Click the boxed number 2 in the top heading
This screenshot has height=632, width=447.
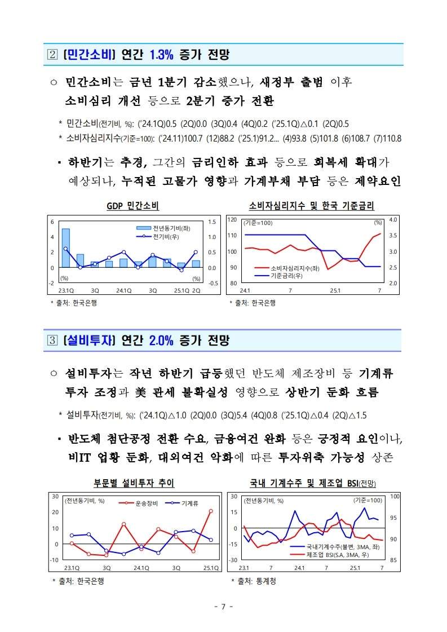52,55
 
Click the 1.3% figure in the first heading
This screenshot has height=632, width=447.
161,55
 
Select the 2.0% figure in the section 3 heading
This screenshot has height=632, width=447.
161,341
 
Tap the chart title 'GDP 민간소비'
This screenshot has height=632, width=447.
132,206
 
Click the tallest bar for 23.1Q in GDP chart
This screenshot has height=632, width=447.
66,248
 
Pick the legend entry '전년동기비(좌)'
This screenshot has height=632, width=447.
163,228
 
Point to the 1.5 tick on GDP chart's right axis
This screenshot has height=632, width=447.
212,222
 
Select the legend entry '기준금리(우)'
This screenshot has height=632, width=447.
278,276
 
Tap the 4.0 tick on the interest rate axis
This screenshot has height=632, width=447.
393,220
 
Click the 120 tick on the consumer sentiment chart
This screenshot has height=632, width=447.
232,220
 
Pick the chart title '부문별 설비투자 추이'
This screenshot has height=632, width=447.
134,483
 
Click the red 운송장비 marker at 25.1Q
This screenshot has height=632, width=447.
211,511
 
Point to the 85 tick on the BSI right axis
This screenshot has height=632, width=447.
394,560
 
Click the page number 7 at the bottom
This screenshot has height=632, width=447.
223,607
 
